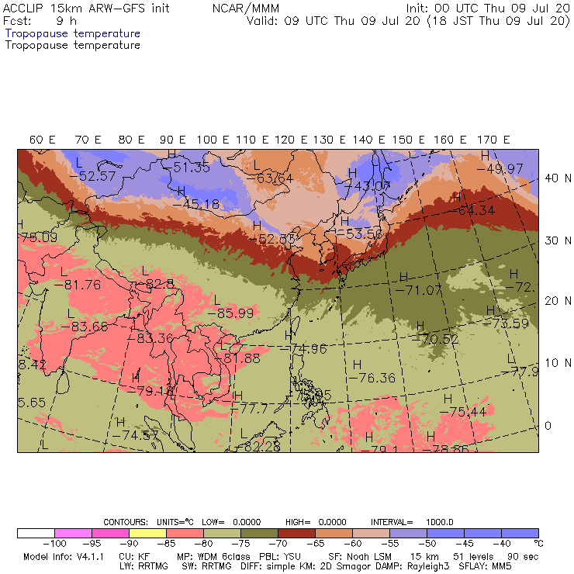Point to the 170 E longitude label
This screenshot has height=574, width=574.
point(494,140)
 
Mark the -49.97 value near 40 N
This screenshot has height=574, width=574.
point(500,168)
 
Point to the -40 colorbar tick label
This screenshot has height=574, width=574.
point(501,544)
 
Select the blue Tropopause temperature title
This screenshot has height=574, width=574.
point(73,33)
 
